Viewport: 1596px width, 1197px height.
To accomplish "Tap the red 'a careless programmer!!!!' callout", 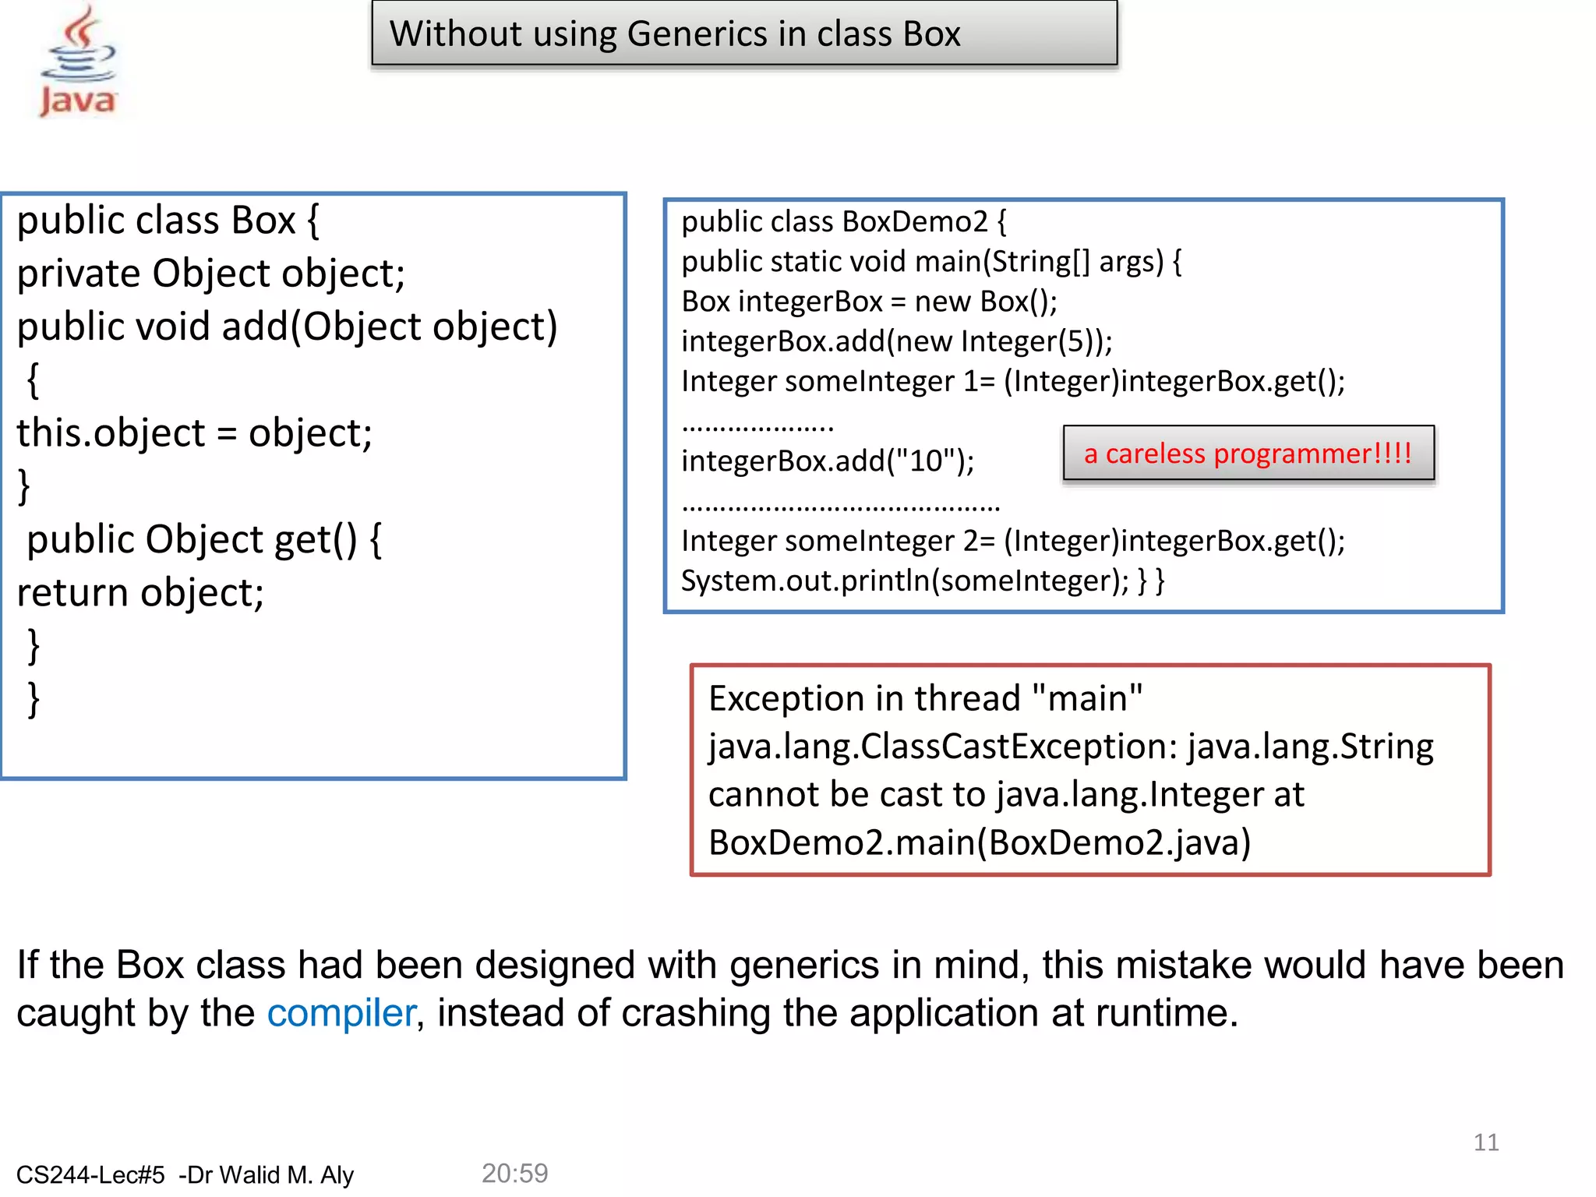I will (1248, 454).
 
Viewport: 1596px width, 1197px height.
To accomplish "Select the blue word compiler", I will (341, 1013).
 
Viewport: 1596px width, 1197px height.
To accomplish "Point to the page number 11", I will (1485, 1142).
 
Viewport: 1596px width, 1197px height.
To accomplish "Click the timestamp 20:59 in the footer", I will (514, 1173).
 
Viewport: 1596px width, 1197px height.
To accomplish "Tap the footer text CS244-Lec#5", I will (90, 1174).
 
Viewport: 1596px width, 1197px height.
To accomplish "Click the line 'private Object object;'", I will (211, 274).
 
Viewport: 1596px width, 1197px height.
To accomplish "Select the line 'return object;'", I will (141, 593).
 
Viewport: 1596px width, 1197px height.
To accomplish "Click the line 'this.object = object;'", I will (195, 433).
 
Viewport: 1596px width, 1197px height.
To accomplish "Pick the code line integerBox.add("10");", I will (828, 461).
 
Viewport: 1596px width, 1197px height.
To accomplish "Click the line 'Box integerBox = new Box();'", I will (869, 302).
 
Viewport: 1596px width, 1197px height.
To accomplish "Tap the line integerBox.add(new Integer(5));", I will (897, 341).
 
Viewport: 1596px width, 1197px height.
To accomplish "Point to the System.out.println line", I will (922, 581).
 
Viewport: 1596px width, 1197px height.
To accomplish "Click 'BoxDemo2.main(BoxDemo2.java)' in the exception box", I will (980, 842).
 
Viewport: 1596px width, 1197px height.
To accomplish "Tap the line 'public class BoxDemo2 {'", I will (844, 222).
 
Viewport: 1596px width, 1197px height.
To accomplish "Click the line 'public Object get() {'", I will (204, 539).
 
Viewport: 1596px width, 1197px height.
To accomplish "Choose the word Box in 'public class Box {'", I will (263, 221).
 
